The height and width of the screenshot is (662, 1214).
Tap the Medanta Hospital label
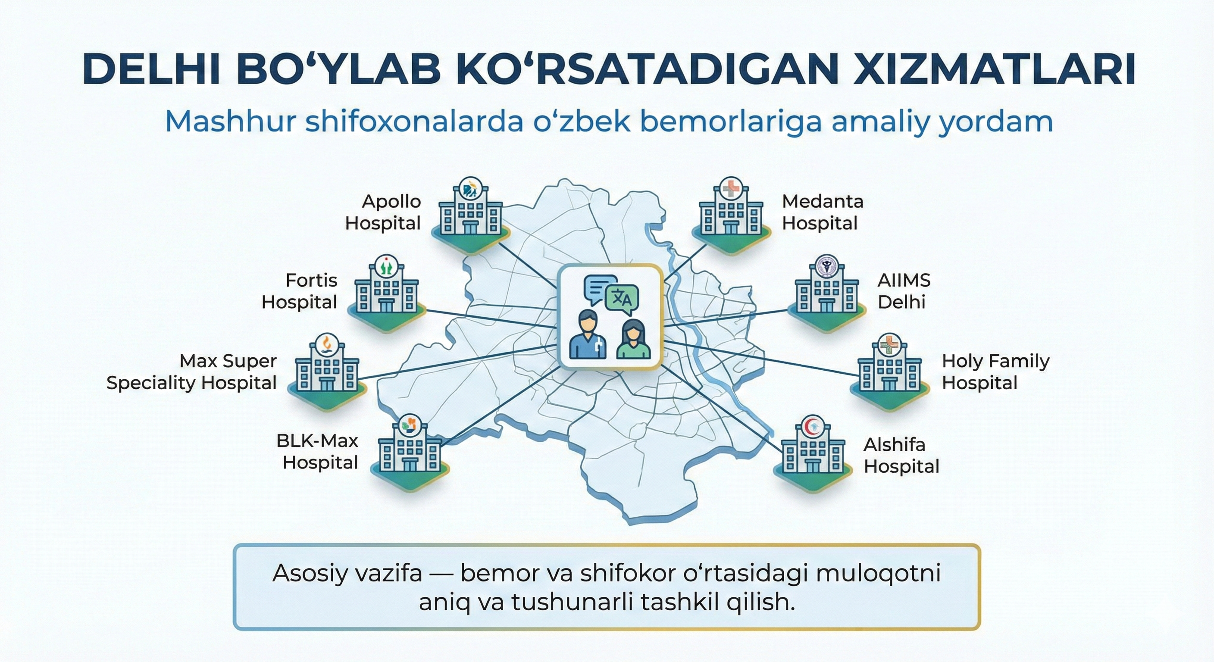(823, 212)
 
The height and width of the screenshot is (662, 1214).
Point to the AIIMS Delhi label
(904, 291)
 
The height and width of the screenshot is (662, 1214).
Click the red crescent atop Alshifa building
(813, 426)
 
